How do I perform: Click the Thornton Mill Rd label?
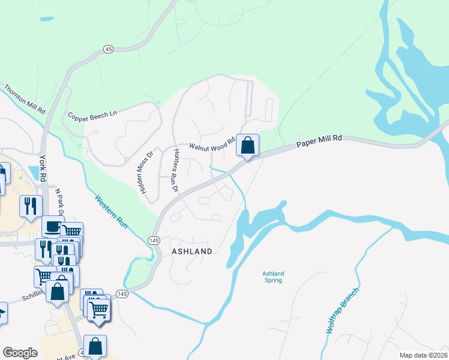click(25, 100)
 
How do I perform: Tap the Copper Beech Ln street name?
click(92, 115)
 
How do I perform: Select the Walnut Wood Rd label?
click(211, 145)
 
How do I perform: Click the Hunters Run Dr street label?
click(176, 170)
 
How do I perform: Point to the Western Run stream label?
click(112, 211)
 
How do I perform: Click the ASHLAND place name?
click(192, 251)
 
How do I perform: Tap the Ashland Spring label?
click(273, 277)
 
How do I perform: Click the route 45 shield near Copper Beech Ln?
click(109, 49)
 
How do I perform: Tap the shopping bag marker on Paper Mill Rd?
click(247, 145)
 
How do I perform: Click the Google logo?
click(20, 353)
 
